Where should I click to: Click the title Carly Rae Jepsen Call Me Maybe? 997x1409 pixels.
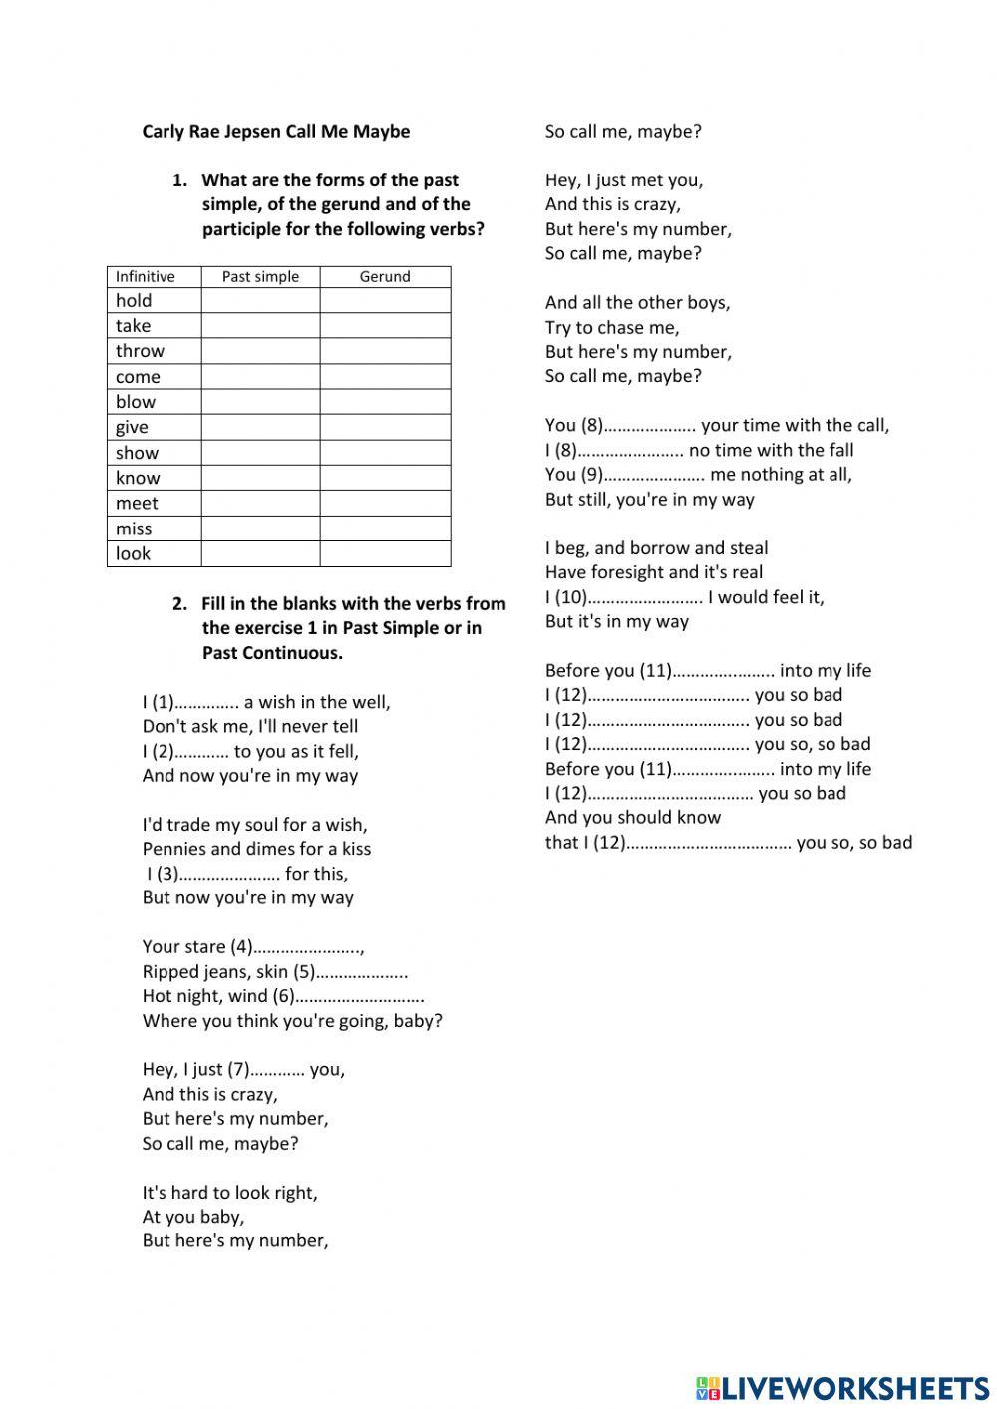pyautogui.click(x=275, y=131)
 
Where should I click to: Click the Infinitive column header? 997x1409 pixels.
pyautogui.click(x=145, y=277)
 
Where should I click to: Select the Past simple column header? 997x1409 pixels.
pyautogui.click(x=260, y=277)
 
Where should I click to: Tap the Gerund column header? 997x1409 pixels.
pyautogui.click(x=385, y=277)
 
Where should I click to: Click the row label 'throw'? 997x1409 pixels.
pyautogui.click(x=140, y=351)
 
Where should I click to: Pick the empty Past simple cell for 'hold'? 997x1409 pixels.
pyautogui.click(x=260, y=300)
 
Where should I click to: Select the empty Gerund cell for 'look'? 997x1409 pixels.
pyautogui.click(x=385, y=554)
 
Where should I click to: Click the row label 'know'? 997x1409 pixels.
pyautogui.click(x=138, y=478)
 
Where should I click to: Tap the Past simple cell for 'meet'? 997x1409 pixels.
pyautogui.click(x=260, y=504)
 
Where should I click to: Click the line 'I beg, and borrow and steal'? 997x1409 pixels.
pyautogui.click(x=656, y=548)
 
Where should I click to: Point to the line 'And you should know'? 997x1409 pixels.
pyautogui.click(x=632, y=817)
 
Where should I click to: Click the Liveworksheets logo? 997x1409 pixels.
pyautogui.click(x=841, y=1387)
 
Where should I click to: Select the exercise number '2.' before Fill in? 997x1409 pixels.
pyautogui.click(x=179, y=604)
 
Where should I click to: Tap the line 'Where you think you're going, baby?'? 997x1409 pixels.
pyautogui.click(x=292, y=1021)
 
